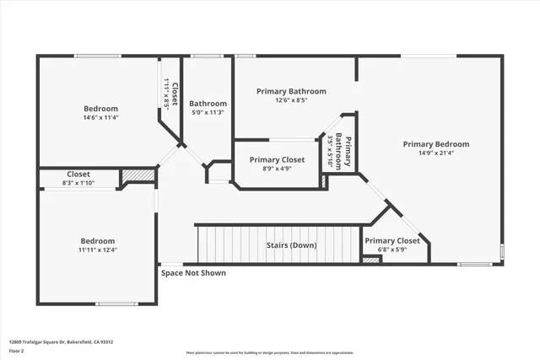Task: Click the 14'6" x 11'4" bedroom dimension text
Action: pyautogui.click(x=100, y=118)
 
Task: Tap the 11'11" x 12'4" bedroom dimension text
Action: pyautogui.click(x=98, y=250)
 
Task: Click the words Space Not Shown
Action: pyautogui.click(x=193, y=272)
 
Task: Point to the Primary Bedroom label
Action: pyautogui.click(x=435, y=144)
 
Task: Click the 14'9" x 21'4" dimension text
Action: pyautogui.click(x=435, y=153)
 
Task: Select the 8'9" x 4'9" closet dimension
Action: pyautogui.click(x=276, y=169)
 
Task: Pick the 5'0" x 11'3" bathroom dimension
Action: pyautogui.click(x=207, y=112)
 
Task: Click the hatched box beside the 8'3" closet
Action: pyautogui.click(x=138, y=175)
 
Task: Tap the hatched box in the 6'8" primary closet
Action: pyautogui.click(x=370, y=260)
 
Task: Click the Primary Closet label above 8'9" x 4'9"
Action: pyautogui.click(x=277, y=159)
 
